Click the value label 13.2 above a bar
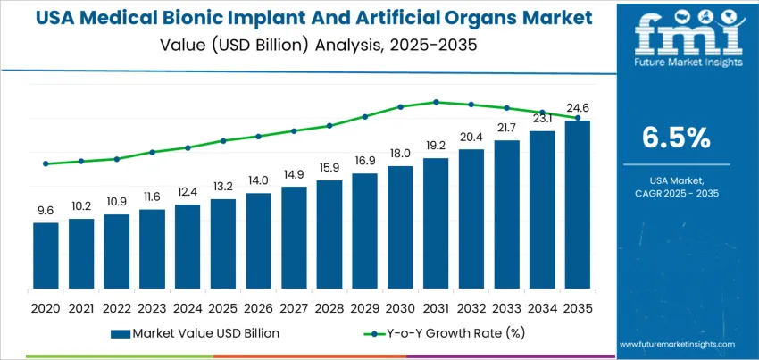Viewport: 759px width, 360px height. pos(222,186)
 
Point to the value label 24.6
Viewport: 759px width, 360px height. pos(578,108)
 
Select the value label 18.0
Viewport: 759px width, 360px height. pos(400,153)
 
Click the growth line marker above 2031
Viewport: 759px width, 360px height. pos(436,102)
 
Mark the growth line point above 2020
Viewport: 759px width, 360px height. pos(46,163)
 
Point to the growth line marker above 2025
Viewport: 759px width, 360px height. pos(222,140)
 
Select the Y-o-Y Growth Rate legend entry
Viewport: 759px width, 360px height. pos(446,333)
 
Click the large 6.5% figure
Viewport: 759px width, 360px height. pos(676,138)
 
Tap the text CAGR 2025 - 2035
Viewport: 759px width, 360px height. pos(676,194)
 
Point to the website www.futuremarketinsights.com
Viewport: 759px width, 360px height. pos(676,344)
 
